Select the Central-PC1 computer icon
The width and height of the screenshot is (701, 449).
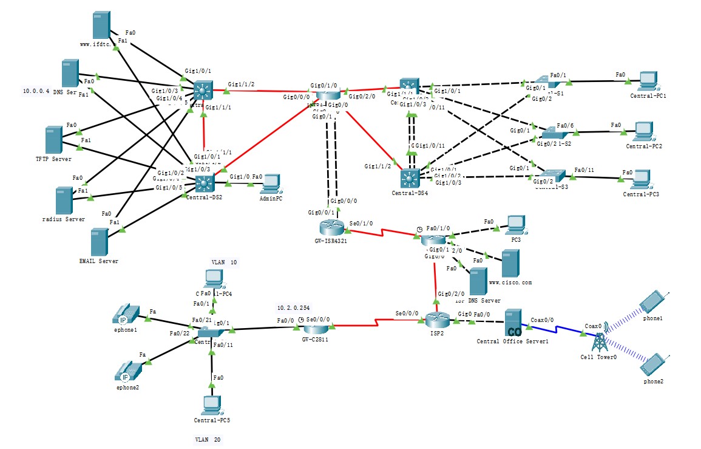tap(648, 81)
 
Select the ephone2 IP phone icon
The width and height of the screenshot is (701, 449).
tap(127, 370)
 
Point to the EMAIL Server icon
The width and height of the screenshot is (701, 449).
tap(98, 241)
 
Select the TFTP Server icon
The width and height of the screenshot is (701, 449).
tap(53, 140)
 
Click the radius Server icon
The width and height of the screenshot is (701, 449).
tap(64, 201)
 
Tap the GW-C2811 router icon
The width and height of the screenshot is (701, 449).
tap(316, 328)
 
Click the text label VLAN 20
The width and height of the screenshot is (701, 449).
tap(208, 439)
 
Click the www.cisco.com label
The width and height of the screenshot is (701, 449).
tap(510, 283)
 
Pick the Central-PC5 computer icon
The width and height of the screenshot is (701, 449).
tap(212, 403)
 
